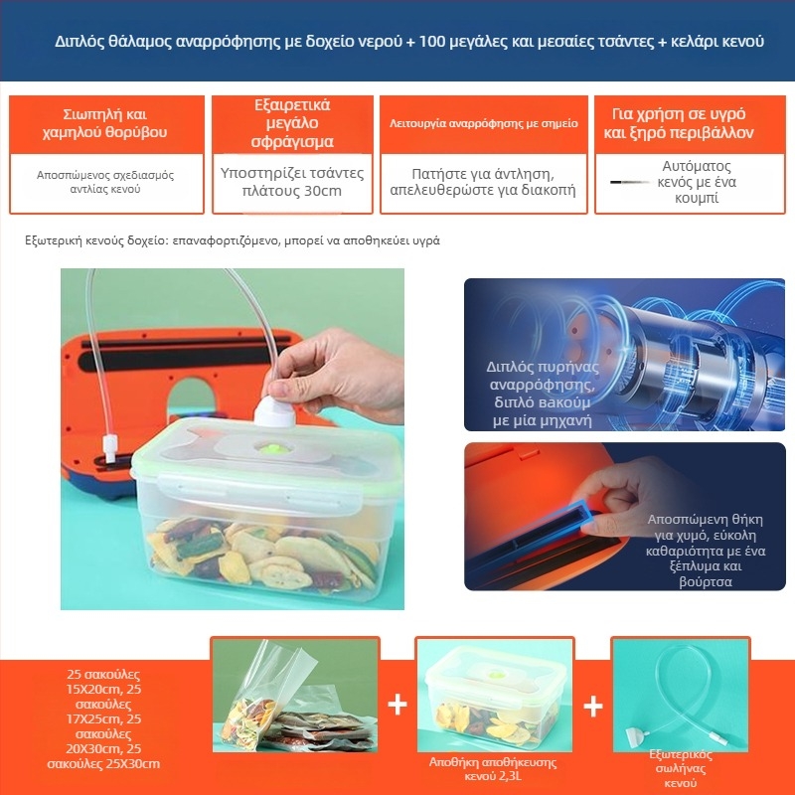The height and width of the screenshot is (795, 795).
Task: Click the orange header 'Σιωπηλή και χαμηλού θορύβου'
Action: click(104, 123)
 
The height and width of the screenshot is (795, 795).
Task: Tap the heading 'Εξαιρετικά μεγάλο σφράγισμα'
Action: click(292, 123)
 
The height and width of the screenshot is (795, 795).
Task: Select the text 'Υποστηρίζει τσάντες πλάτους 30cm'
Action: click(292, 182)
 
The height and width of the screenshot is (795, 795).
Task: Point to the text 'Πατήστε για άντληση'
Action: click(482, 174)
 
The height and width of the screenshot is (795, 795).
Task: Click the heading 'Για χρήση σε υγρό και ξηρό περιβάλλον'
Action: click(679, 123)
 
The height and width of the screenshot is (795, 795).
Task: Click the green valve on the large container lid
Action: click(272, 448)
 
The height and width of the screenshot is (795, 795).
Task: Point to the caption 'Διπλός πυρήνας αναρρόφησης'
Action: click(542, 376)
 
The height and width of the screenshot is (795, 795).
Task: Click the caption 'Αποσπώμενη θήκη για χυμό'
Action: click(705, 528)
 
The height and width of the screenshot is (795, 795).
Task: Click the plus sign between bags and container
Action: click(397, 705)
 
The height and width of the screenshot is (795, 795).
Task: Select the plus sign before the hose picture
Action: click(592, 707)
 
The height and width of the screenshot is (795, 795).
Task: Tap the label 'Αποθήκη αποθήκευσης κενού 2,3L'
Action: click(493, 769)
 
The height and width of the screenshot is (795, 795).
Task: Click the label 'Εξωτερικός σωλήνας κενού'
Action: click(681, 768)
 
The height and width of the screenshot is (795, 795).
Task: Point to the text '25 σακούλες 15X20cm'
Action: click(103, 682)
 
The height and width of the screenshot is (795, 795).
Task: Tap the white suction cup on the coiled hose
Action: click(634, 736)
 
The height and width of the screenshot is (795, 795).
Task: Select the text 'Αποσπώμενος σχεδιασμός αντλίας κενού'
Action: click(105, 182)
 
